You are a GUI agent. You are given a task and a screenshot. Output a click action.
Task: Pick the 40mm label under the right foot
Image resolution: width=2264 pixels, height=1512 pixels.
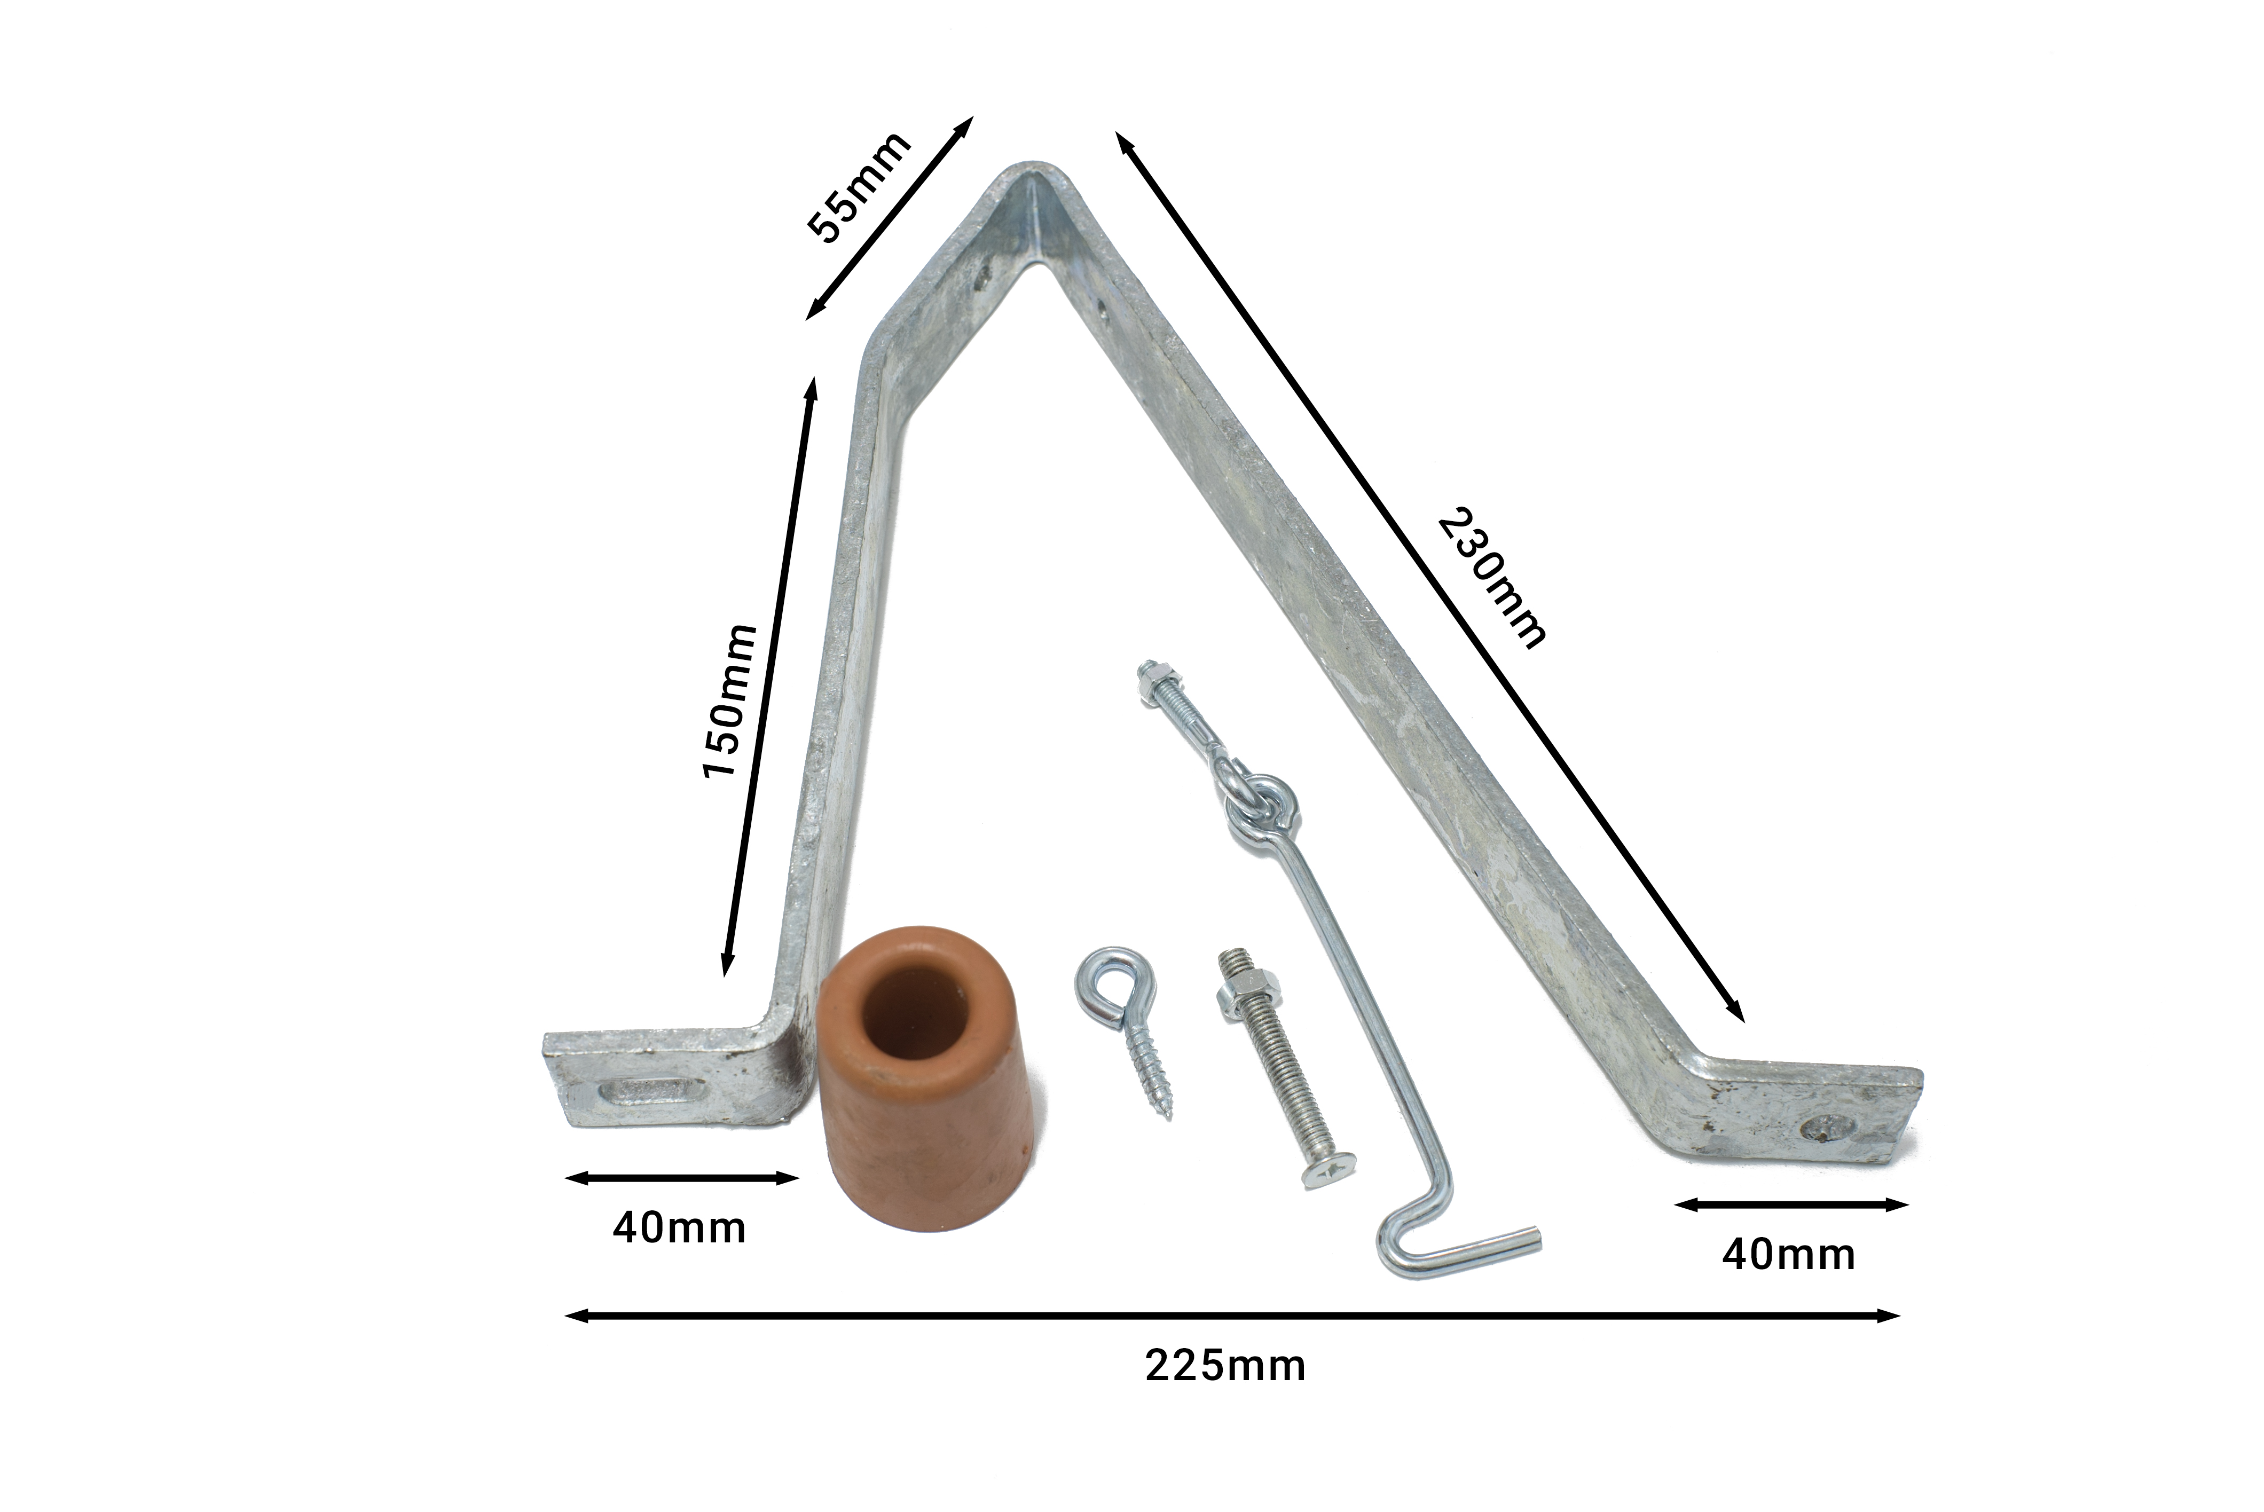pos(1789,1255)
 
